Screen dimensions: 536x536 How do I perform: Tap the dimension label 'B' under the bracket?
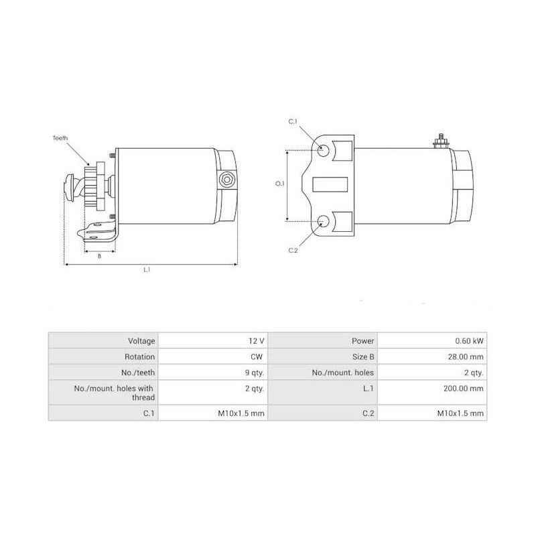99,255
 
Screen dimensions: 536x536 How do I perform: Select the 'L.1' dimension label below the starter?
147,270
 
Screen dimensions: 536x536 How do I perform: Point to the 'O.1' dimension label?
280,184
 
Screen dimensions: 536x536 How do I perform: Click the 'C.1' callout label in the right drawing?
293,122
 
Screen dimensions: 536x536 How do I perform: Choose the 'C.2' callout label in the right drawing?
293,250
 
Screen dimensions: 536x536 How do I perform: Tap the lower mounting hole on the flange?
323,221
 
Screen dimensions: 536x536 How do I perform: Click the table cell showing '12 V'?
255,340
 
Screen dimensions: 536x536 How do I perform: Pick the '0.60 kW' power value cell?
468,340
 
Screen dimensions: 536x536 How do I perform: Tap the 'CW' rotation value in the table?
257,357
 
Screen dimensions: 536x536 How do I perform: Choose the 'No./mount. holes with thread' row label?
114,393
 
